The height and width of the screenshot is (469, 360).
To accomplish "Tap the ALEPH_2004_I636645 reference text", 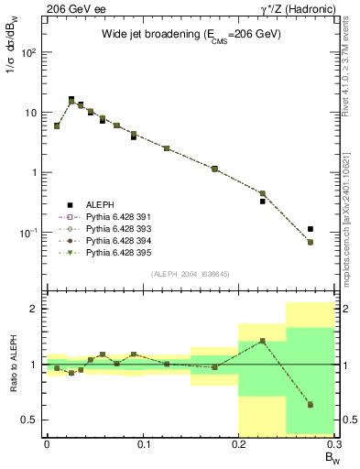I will [x=191, y=275].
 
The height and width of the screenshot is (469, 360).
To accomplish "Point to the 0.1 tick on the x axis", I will [x=143, y=446].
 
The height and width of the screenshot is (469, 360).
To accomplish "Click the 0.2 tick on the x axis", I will [x=238, y=446].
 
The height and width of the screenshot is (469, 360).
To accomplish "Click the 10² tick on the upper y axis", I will [x=30, y=52].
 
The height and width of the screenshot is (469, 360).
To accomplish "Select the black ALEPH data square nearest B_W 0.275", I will [x=311, y=229].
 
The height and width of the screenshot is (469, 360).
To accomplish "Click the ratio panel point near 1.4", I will [x=263, y=341].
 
